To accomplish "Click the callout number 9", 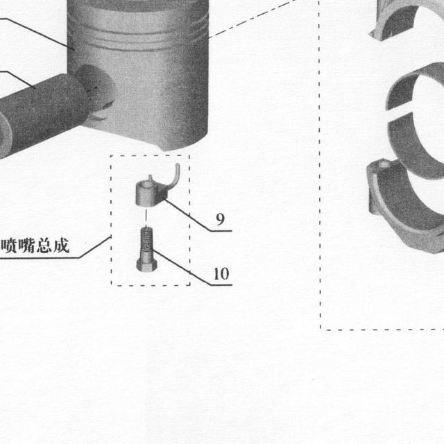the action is point(221,219).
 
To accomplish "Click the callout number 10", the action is point(221,274).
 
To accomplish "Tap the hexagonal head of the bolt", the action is point(146,265).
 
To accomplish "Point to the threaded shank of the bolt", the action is point(146,244).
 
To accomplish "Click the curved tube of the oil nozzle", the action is point(175,177).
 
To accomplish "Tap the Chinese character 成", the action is point(62,245).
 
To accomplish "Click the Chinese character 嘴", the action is point(26,246).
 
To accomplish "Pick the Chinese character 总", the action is point(44,246).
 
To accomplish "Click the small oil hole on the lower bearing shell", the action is point(384,164).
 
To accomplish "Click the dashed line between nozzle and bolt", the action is point(146,217).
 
